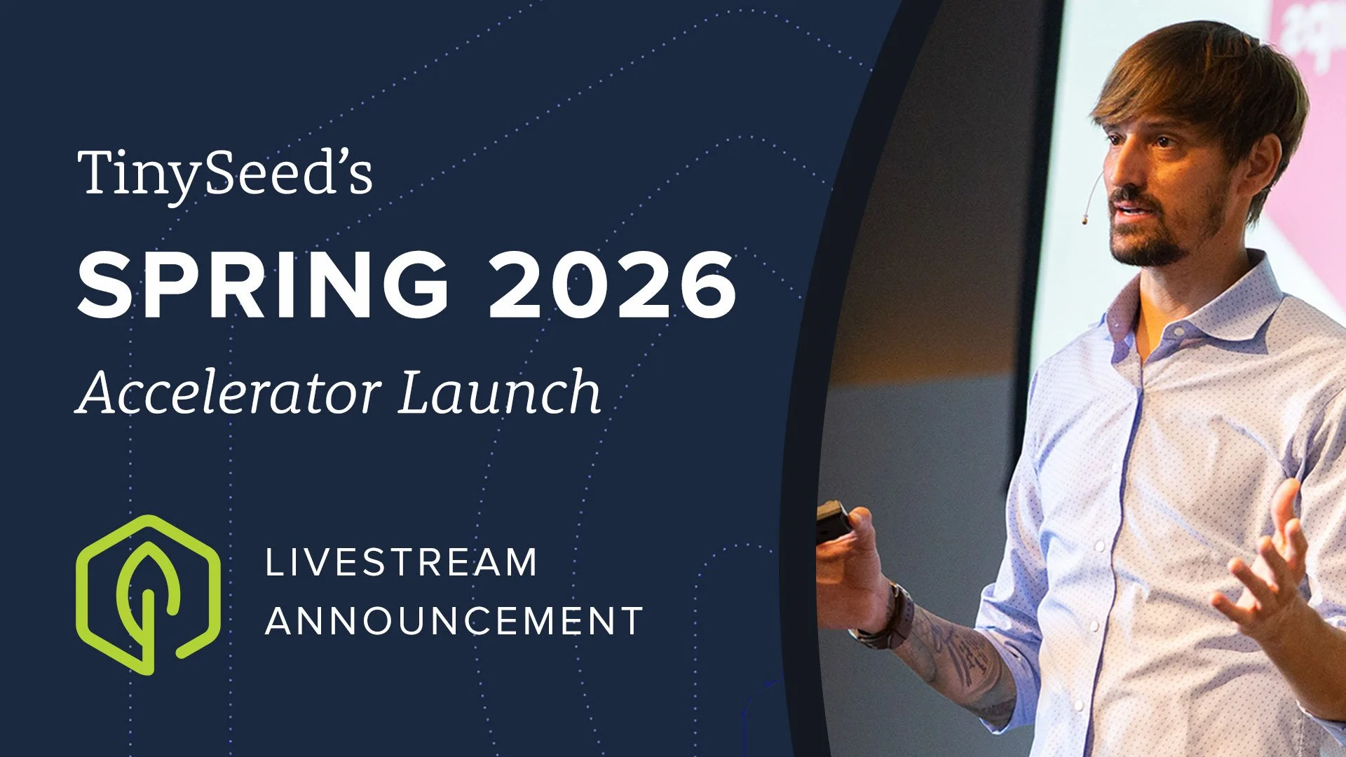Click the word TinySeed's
click(224, 174)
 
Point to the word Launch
click(500, 393)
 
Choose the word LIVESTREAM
click(401, 563)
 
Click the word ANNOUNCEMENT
click(454, 621)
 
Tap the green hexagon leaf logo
click(148, 594)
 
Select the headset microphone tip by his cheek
click(1085, 219)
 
